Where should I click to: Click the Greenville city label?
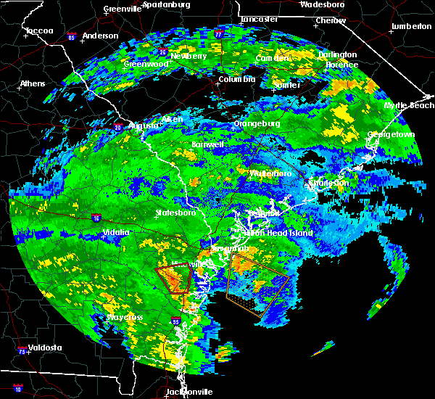click(x=122, y=9)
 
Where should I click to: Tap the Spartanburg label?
click(x=165, y=4)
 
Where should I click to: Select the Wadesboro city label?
click(x=321, y=4)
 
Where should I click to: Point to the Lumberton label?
click(x=410, y=26)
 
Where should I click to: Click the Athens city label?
click(x=32, y=83)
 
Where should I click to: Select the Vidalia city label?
click(x=115, y=232)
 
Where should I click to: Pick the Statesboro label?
click(x=176, y=213)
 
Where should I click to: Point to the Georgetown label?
click(x=390, y=135)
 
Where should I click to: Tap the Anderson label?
click(x=100, y=36)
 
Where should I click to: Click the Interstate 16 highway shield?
click(x=96, y=218)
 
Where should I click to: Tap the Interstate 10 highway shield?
click(x=18, y=390)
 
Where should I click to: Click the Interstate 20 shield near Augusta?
click(x=117, y=128)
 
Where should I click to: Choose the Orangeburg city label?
click(x=257, y=123)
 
